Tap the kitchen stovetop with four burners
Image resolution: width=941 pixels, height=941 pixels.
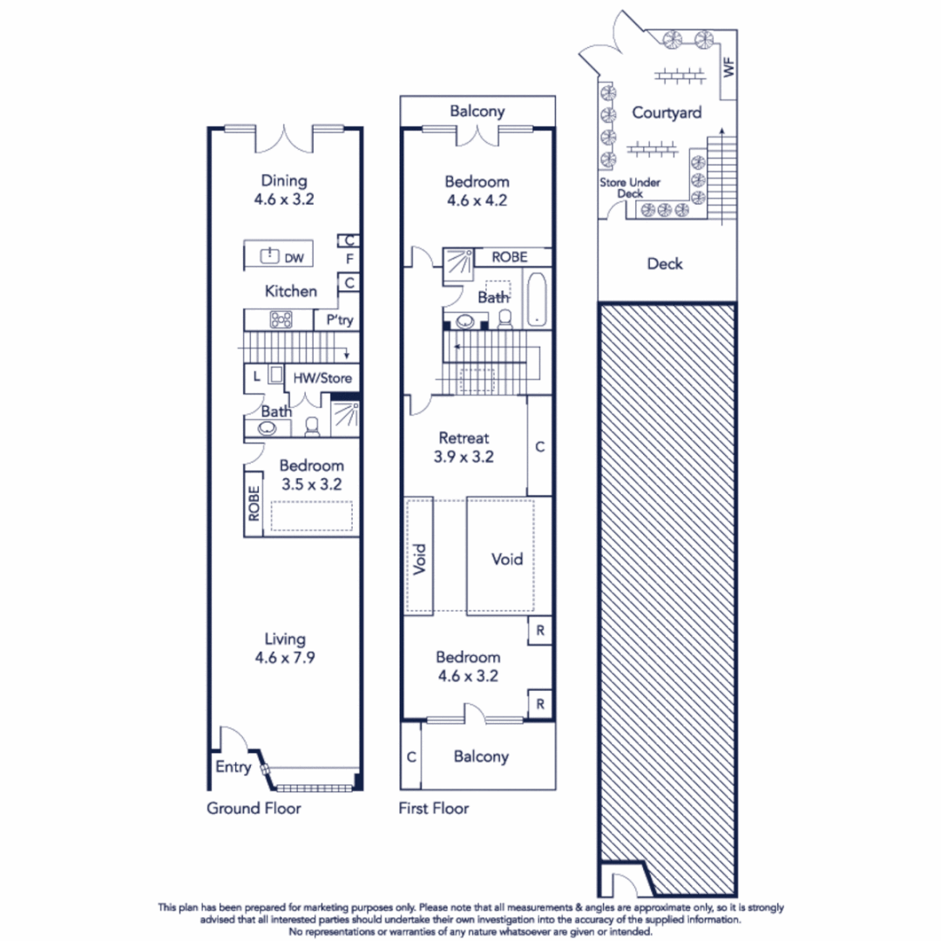281,320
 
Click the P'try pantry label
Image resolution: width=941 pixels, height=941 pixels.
340,321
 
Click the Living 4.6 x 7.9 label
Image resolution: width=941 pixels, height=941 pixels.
285,649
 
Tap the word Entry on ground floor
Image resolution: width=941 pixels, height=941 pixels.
233,768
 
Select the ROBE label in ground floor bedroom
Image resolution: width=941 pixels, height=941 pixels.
254,504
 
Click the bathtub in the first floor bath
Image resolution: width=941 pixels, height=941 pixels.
536,298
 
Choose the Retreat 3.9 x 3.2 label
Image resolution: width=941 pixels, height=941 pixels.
464,447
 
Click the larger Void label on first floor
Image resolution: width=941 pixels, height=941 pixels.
507,559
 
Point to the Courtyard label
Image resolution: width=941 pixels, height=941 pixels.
667,113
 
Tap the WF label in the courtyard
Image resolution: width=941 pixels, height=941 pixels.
729,68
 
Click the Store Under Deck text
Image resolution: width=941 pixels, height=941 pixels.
629,188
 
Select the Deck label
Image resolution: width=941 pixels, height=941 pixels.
665,264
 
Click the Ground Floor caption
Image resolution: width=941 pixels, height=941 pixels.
254,809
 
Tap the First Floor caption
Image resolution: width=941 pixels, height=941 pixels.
433,809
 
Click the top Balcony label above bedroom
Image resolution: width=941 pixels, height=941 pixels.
477,112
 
